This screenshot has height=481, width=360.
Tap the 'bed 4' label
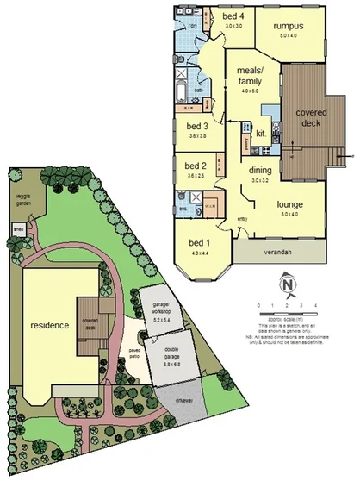(x=233, y=16)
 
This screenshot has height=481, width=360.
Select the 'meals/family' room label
(x=244, y=76)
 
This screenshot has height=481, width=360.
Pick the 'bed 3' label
(x=198, y=126)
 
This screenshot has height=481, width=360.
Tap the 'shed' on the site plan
(x=16, y=230)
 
